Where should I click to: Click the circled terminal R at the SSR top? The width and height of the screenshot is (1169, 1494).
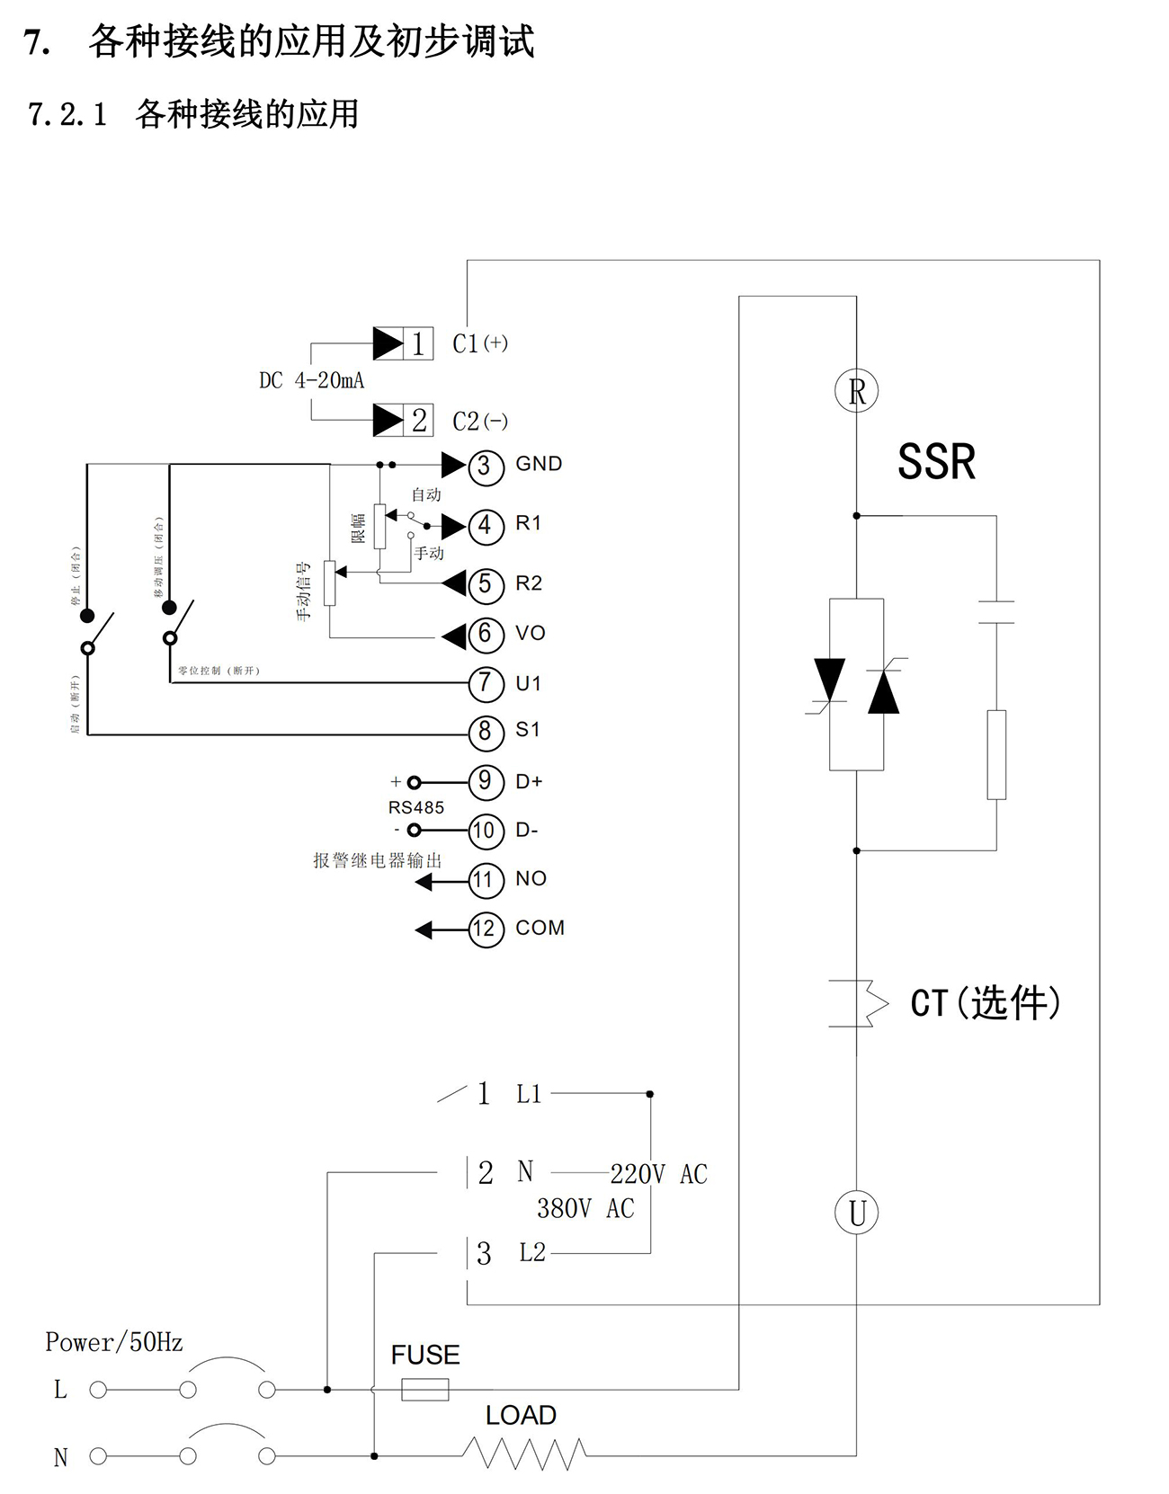click(856, 391)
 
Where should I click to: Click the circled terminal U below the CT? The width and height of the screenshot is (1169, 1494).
click(856, 1213)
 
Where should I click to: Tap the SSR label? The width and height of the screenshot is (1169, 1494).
click(936, 462)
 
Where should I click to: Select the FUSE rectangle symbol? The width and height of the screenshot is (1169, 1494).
click(424, 1390)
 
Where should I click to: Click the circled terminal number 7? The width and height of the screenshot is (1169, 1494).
click(486, 683)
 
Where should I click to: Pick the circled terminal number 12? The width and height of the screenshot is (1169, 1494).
click(486, 929)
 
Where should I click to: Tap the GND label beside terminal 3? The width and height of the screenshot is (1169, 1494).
click(539, 464)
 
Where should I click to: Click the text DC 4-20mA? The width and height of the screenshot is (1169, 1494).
click(312, 381)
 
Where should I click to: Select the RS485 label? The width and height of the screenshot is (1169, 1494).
click(416, 807)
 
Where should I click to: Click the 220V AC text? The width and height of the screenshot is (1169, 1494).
click(658, 1174)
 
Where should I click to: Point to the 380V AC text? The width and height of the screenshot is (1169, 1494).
click(585, 1209)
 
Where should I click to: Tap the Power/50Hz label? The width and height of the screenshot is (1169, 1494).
click(114, 1343)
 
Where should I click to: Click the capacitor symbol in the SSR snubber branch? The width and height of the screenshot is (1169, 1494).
click(996, 612)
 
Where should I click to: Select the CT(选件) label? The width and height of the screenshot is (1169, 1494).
click(986, 1003)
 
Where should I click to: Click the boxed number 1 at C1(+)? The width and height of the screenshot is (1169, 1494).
click(418, 343)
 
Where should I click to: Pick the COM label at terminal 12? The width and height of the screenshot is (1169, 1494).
click(540, 928)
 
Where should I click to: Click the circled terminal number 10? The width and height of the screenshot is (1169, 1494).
click(486, 831)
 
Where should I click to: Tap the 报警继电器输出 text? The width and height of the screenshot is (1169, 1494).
click(378, 860)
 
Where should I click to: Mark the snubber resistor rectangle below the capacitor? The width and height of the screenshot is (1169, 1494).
click(996, 754)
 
